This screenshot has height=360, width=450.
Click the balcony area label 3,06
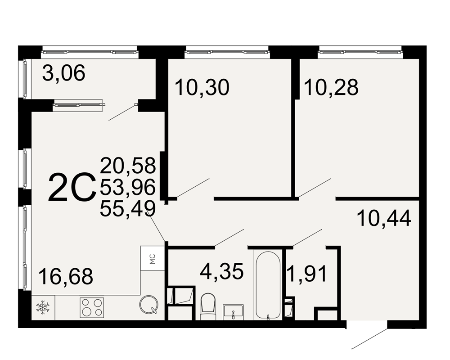point(64,73)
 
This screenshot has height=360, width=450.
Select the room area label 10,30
point(202,87)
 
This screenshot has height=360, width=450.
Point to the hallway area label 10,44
point(384,218)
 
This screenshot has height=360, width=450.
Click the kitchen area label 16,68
point(66,276)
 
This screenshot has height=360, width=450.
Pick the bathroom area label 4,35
point(222,271)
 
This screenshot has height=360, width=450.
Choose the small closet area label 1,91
point(307,274)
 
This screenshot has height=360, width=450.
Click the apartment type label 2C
point(72,188)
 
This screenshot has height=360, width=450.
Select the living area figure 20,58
point(128,165)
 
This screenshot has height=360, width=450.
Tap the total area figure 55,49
point(128,208)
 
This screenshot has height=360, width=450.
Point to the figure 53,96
point(128,187)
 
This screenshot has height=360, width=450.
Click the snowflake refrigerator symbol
point(43,307)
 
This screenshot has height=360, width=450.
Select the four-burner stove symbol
point(92,307)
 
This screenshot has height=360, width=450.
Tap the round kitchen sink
point(148,304)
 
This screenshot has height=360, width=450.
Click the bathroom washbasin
point(233,312)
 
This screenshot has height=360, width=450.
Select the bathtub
point(268,284)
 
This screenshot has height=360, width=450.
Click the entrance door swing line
point(369,339)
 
